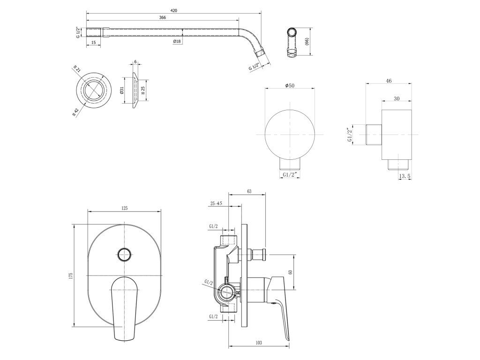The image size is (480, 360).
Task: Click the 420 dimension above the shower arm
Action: pyautogui.click(x=173, y=10)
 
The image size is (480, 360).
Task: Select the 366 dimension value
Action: pyautogui.click(x=163, y=18)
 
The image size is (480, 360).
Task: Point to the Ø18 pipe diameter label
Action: pyautogui.click(x=177, y=41)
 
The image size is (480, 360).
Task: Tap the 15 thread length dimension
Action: pyautogui.click(x=94, y=43)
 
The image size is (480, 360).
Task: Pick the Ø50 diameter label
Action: pyautogui.click(x=290, y=85)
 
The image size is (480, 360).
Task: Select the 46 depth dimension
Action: pyautogui.click(x=389, y=81)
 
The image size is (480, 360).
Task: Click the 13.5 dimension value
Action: pyautogui.click(x=405, y=176)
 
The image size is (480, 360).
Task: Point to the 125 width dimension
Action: pyautogui.click(x=124, y=208)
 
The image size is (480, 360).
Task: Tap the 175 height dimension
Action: pyautogui.click(x=71, y=275)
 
